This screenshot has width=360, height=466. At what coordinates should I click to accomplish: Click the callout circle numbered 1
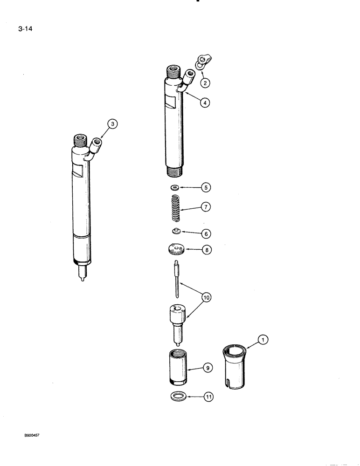(263, 341)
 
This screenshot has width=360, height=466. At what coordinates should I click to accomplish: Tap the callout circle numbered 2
(205, 83)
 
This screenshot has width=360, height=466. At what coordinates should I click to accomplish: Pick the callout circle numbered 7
(206, 206)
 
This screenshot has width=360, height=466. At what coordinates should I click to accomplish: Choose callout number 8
(206, 249)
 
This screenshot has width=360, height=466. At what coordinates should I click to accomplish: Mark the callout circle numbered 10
(205, 295)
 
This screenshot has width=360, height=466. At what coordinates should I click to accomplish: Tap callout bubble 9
(208, 368)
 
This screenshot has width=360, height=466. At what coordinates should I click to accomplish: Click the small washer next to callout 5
(175, 187)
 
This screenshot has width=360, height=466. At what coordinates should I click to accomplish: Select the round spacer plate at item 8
(176, 250)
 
